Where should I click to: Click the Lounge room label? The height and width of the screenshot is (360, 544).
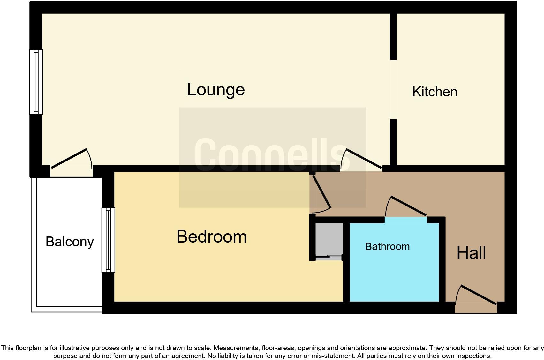pos(216,90)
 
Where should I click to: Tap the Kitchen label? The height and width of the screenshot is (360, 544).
pos(434,92)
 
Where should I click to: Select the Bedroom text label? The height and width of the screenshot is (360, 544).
pos(211,237)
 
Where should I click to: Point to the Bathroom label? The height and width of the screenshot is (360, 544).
pos(387,246)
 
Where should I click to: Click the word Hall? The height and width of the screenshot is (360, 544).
pos(471,253)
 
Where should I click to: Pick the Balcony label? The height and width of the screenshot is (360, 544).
pos(70,242)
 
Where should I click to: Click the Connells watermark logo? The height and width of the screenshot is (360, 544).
pos(272,155)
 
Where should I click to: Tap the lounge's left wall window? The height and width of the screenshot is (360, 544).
pos(36,82)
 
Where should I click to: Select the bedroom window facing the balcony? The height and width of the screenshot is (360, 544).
pos(108,240)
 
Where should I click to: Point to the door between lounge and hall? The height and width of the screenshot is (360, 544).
pos(364,158)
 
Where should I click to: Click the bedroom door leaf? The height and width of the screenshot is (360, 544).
pos(321,192)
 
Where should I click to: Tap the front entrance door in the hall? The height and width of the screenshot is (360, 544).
pos(478,295)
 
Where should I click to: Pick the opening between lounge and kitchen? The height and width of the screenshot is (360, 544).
pos(393,90)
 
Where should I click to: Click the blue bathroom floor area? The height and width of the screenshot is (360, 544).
pos(394,274)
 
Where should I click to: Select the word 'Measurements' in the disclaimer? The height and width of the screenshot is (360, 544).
pos(236,348)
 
